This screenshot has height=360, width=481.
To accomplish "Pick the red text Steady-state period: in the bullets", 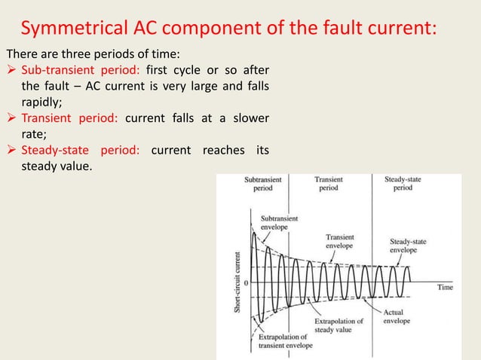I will tap(78, 151).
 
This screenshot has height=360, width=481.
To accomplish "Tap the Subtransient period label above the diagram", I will tap(264, 185).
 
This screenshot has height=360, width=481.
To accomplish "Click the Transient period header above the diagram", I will tap(329, 185).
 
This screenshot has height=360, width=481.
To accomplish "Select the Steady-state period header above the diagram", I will tap(403, 185).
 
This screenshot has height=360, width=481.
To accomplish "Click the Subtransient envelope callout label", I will tap(279, 221).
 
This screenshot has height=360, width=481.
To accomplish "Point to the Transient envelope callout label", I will tap(340, 241).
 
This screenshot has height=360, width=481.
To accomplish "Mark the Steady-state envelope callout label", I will tap(408, 246).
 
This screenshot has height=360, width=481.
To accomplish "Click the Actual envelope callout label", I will tap(397, 316).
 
